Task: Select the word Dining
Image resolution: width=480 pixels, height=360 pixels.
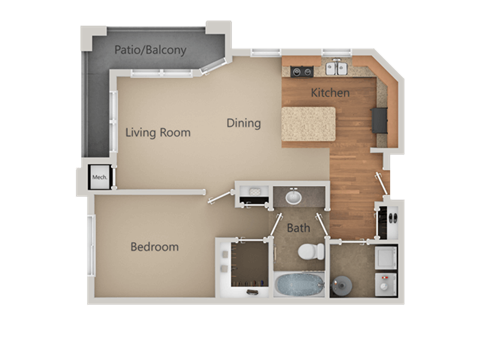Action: coord(243,124)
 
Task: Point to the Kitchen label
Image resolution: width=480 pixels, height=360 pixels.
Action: coord(330,93)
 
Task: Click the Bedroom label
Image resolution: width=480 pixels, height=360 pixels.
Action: coord(154,247)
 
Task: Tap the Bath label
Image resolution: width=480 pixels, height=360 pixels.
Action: coord(299,228)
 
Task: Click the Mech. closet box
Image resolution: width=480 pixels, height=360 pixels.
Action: coord(99,179)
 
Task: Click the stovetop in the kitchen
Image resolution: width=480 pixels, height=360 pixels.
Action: coord(302,71)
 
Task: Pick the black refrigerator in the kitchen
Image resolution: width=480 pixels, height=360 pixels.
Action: coord(380,120)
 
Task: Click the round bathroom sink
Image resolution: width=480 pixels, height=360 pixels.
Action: coord(294,197)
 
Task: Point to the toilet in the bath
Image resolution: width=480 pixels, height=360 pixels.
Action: coord(312,251)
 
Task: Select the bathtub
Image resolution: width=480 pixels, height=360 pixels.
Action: coord(299,284)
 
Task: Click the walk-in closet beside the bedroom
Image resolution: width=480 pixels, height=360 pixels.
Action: coord(244,267)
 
